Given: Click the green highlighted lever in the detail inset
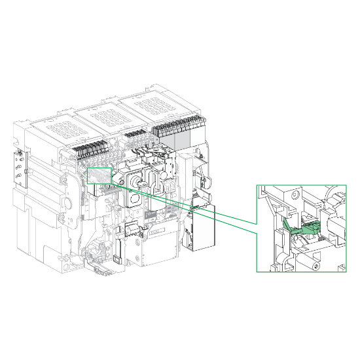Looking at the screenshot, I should (302, 228).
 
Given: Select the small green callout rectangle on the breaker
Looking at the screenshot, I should (100, 176).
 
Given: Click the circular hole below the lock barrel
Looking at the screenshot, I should (134, 196).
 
